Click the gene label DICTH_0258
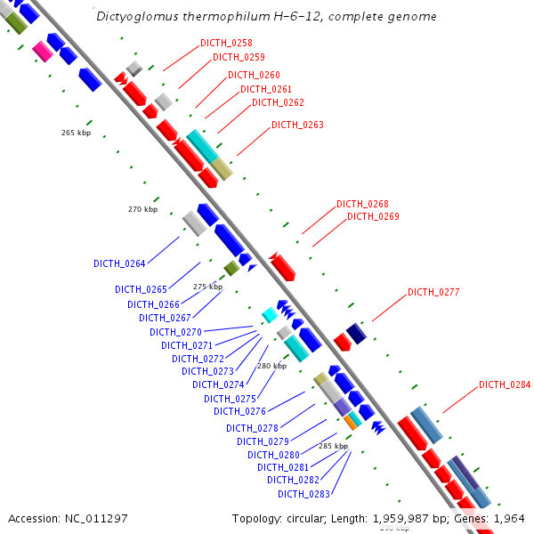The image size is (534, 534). [226, 43]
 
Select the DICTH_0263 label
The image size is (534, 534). [297, 125]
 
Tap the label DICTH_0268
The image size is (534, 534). [362, 204]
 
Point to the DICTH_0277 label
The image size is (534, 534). [433, 292]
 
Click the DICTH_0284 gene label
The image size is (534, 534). [505, 384]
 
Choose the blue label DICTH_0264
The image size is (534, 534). [119, 263]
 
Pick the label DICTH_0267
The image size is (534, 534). [165, 318]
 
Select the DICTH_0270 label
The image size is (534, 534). [175, 332]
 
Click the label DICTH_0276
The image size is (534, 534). [239, 411]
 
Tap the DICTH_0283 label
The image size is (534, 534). [303, 494]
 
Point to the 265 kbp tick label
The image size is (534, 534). [76, 133]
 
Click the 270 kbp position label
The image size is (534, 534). [142, 209]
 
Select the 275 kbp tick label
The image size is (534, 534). [207, 287]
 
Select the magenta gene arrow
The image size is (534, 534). [41, 51]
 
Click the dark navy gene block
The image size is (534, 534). [356, 333]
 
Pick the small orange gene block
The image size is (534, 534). [351, 424]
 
